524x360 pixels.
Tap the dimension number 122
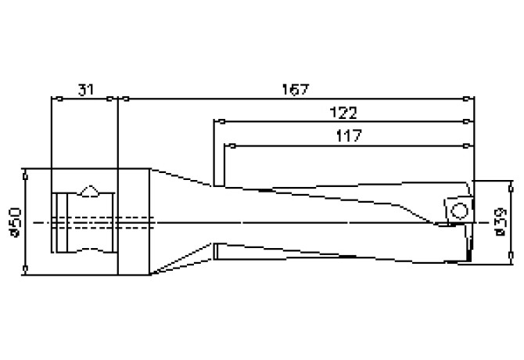[x=345, y=112]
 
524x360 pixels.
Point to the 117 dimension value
[x=346, y=135]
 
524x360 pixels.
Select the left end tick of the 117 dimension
[x=225, y=145]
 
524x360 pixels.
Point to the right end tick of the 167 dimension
[x=467, y=99]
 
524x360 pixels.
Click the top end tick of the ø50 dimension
[x=26, y=169]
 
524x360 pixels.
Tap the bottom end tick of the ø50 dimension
[x=26, y=273]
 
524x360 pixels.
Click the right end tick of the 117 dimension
[x=467, y=145]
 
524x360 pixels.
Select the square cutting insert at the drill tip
[x=457, y=210]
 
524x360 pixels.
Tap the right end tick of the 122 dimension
[x=467, y=121]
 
